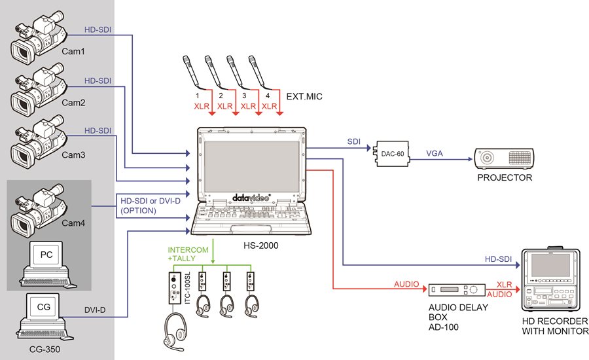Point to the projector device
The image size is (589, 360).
click(x=505, y=158)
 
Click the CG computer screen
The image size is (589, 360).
click(x=44, y=306)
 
